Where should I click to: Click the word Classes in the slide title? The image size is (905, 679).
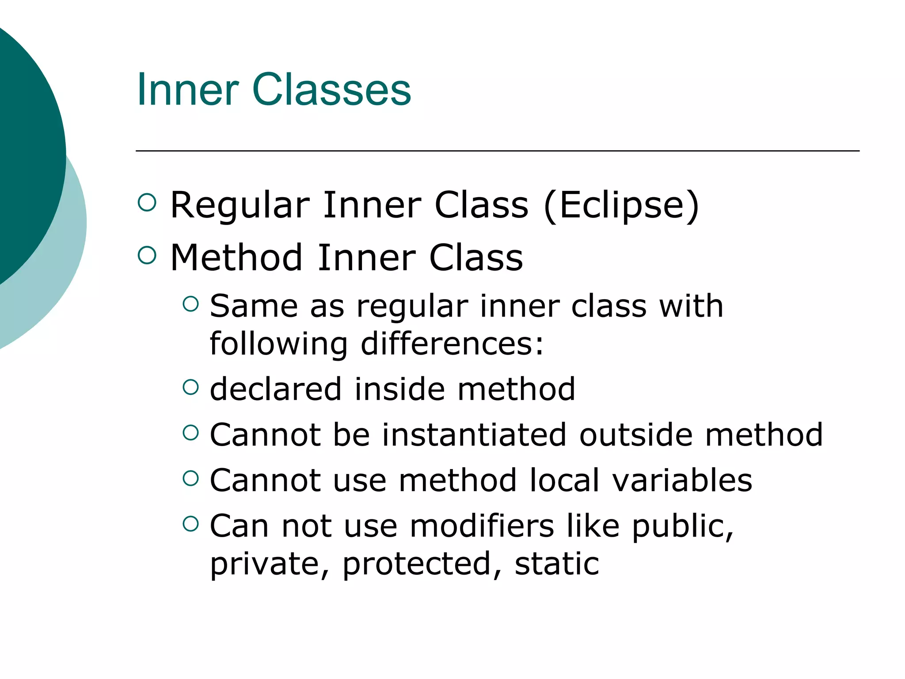click(x=331, y=90)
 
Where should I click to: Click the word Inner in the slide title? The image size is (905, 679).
click(x=188, y=90)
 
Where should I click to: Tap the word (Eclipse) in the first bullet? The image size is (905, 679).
click(x=621, y=205)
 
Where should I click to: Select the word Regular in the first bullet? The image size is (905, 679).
click(x=240, y=206)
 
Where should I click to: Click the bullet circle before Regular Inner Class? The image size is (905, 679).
click(x=147, y=202)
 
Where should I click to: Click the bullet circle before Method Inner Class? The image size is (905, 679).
click(x=147, y=255)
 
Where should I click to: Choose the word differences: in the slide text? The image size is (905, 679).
click(x=452, y=344)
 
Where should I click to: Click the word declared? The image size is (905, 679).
click(x=276, y=389)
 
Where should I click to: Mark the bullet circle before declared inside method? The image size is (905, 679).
click(x=190, y=387)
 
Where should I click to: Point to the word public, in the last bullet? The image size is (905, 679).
click(x=683, y=527)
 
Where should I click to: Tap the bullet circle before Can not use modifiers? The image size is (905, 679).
click(x=190, y=524)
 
